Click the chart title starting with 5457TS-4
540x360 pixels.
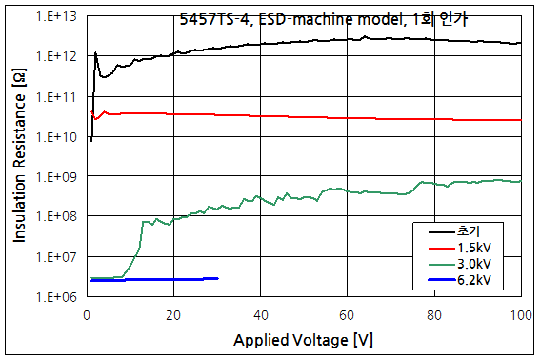297,17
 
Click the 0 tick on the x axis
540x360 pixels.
87,314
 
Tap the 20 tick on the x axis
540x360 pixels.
173,314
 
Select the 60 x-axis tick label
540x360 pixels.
347,314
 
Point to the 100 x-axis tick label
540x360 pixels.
520,314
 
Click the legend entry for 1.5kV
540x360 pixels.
475,247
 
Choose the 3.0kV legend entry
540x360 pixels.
475,264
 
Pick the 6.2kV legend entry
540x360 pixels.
475,281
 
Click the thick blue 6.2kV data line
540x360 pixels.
152,279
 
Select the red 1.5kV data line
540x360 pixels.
286,116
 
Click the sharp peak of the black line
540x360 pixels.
96,53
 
